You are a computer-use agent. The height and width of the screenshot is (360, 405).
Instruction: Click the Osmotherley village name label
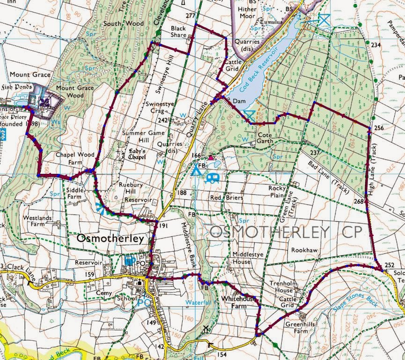(x=110, y=239)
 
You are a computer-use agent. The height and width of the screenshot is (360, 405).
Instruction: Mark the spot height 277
(x=190, y=16)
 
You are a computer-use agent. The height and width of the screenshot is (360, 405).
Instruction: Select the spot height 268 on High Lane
(x=358, y=202)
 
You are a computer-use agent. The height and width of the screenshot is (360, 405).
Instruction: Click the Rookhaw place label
(x=304, y=251)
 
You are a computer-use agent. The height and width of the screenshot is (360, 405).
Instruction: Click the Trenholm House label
(x=284, y=287)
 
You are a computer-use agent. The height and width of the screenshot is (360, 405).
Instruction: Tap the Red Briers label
(x=227, y=198)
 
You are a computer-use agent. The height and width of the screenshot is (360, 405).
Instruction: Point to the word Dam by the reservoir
(x=239, y=100)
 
